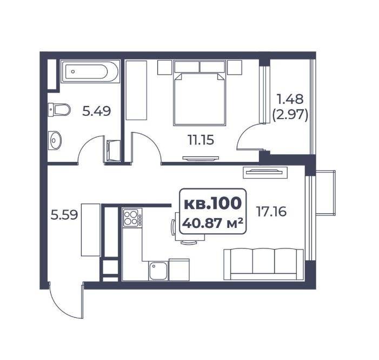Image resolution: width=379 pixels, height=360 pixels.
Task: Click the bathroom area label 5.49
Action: click(x=96, y=111)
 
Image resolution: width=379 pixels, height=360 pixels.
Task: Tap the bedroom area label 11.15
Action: click(x=201, y=140)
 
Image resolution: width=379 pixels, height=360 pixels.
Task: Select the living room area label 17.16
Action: click(x=271, y=212)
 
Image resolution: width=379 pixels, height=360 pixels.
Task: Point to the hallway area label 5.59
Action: click(x=64, y=215)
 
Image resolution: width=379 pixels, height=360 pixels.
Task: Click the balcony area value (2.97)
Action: click(x=290, y=115)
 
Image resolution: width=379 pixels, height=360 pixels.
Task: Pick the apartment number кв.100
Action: click(x=212, y=203)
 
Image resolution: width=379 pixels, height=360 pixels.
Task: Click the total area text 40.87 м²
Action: click(x=212, y=223)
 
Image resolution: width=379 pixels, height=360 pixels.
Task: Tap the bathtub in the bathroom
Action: click(x=90, y=71)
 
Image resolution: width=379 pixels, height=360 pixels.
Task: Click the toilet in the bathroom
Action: click(x=59, y=110)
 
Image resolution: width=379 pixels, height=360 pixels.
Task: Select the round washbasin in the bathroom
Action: click(x=55, y=140)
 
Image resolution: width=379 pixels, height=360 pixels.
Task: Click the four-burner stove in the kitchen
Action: click(x=132, y=218)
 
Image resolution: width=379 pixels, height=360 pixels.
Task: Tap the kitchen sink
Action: click(x=158, y=271)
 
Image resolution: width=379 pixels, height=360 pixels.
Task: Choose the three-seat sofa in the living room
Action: click(x=263, y=264)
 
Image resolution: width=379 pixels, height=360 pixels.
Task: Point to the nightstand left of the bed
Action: click(x=164, y=68)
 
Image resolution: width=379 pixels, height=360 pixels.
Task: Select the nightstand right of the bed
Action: click(x=235, y=68)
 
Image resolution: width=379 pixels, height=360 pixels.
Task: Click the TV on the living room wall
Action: click(x=264, y=172)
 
